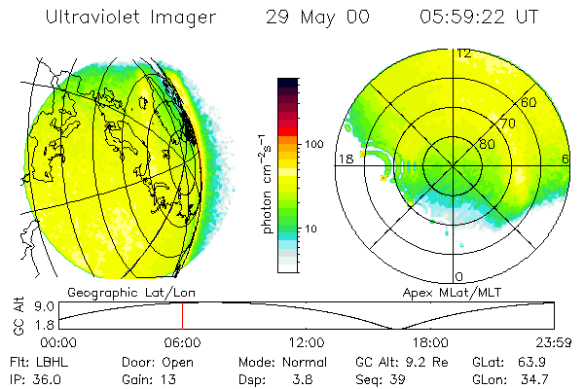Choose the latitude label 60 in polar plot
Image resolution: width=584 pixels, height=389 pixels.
[529, 102]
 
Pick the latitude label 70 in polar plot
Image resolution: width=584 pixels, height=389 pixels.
[507, 124]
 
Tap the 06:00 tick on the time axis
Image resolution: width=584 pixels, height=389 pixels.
[182, 343]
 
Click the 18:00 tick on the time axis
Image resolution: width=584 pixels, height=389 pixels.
[430, 343]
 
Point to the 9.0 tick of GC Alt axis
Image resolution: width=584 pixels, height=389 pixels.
[40, 306]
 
